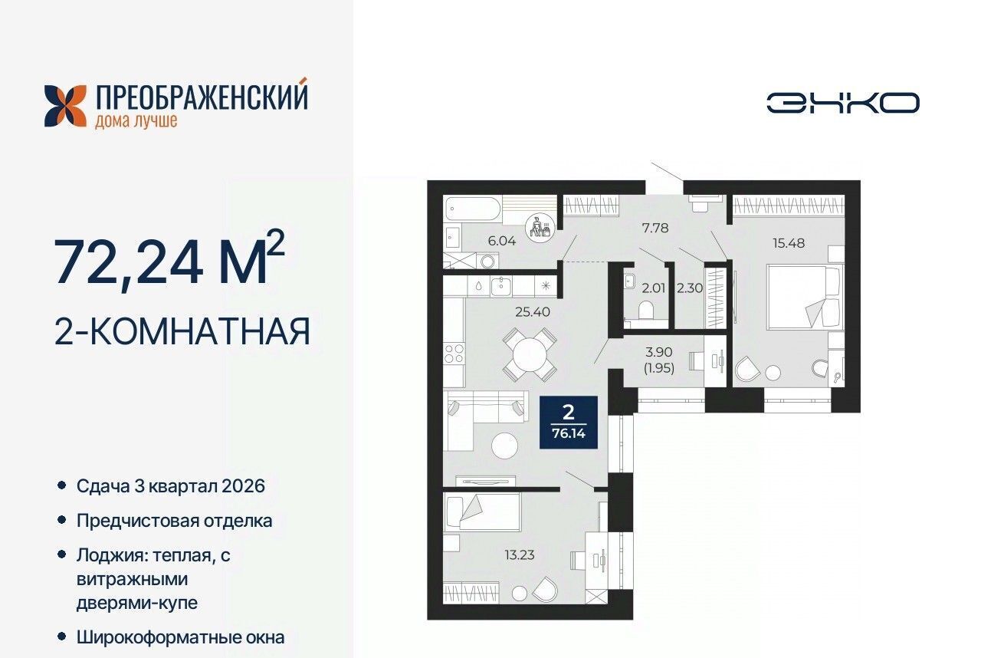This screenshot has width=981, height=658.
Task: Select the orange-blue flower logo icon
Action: (65, 106)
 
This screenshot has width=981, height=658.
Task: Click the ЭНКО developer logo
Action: (843, 103)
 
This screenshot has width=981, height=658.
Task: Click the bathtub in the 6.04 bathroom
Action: (473, 209)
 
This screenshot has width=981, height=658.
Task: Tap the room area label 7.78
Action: (655, 228)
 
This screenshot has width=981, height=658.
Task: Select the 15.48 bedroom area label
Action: (789, 243)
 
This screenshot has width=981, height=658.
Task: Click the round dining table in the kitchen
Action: (530, 355)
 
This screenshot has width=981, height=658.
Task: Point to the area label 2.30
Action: (690, 288)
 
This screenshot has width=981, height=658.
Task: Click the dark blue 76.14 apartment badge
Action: (569, 423)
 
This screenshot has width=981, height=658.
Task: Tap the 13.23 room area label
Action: (520, 555)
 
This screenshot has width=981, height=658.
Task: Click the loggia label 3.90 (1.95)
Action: (658, 360)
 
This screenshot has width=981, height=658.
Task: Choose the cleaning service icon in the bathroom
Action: (540, 227)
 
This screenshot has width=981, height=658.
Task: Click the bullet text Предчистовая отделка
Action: (174, 521)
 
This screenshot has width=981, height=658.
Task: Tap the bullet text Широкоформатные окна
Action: (180, 637)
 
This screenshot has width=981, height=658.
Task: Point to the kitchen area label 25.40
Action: (533, 312)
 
